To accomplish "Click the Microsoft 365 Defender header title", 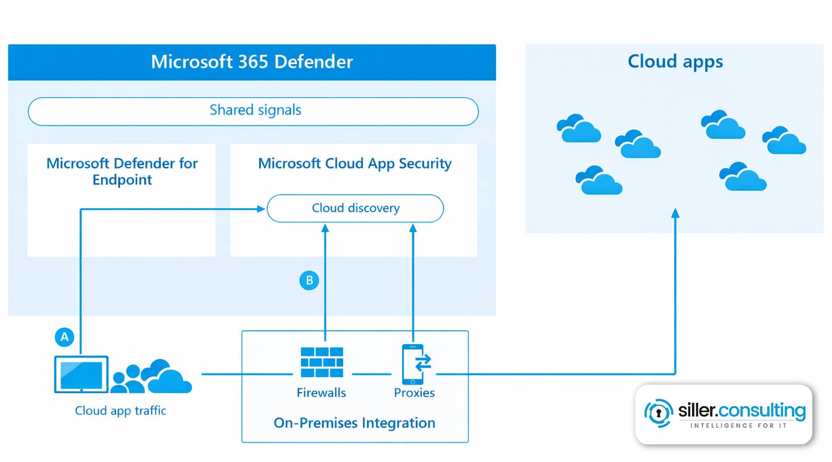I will pyautogui.click(x=251, y=62).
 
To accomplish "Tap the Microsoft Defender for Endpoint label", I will pyautogui.click(x=122, y=171).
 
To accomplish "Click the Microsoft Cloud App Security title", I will pyautogui.click(x=355, y=163).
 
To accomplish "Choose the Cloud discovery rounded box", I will pyautogui.click(x=355, y=208).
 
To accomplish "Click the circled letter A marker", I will pyautogui.click(x=64, y=337).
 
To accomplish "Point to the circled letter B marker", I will pyautogui.click(x=309, y=281).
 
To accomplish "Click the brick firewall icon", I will pyautogui.click(x=322, y=363).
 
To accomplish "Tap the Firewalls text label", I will pyautogui.click(x=321, y=393).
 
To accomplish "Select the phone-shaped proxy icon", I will pyautogui.click(x=414, y=364).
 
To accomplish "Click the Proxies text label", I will pyautogui.click(x=414, y=393).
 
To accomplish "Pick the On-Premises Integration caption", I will pyautogui.click(x=354, y=423).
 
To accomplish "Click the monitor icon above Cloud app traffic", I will pyautogui.click(x=81, y=375).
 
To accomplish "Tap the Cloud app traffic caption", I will pyautogui.click(x=120, y=411).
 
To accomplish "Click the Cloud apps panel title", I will pyautogui.click(x=675, y=62).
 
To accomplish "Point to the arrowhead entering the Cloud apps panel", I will pyautogui.click(x=675, y=213).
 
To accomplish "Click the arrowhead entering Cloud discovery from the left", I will pyautogui.click(x=261, y=209).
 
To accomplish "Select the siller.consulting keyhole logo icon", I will pyautogui.click(x=658, y=413).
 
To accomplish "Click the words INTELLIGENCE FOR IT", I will pyautogui.click(x=738, y=426).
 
